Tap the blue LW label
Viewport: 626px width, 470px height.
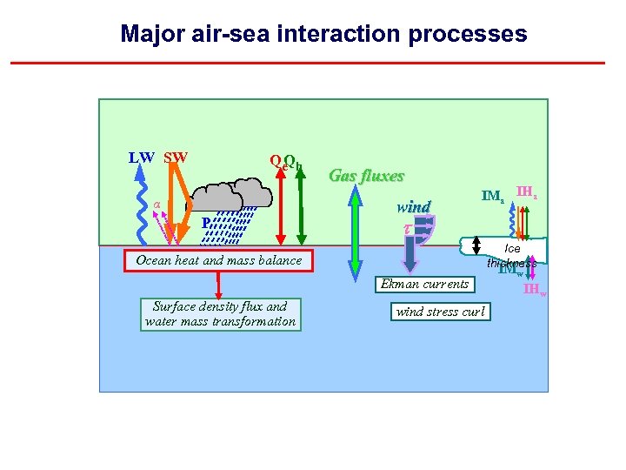tap(142, 158)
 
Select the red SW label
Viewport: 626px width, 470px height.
tap(176, 158)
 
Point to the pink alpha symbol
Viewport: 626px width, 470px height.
tap(157, 205)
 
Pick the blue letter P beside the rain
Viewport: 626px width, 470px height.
tap(205, 223)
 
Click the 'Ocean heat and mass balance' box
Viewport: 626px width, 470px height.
tap(218, 260)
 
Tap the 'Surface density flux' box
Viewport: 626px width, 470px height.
tap(220, 313)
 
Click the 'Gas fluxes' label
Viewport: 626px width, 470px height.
tap(366, 176)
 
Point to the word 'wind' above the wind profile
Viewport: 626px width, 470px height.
tap(413, 207)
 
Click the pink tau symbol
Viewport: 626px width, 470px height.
tap(407, 228)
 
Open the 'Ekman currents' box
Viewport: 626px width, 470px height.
tap(425, 284)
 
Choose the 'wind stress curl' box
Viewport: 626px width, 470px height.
tap(440, 312)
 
